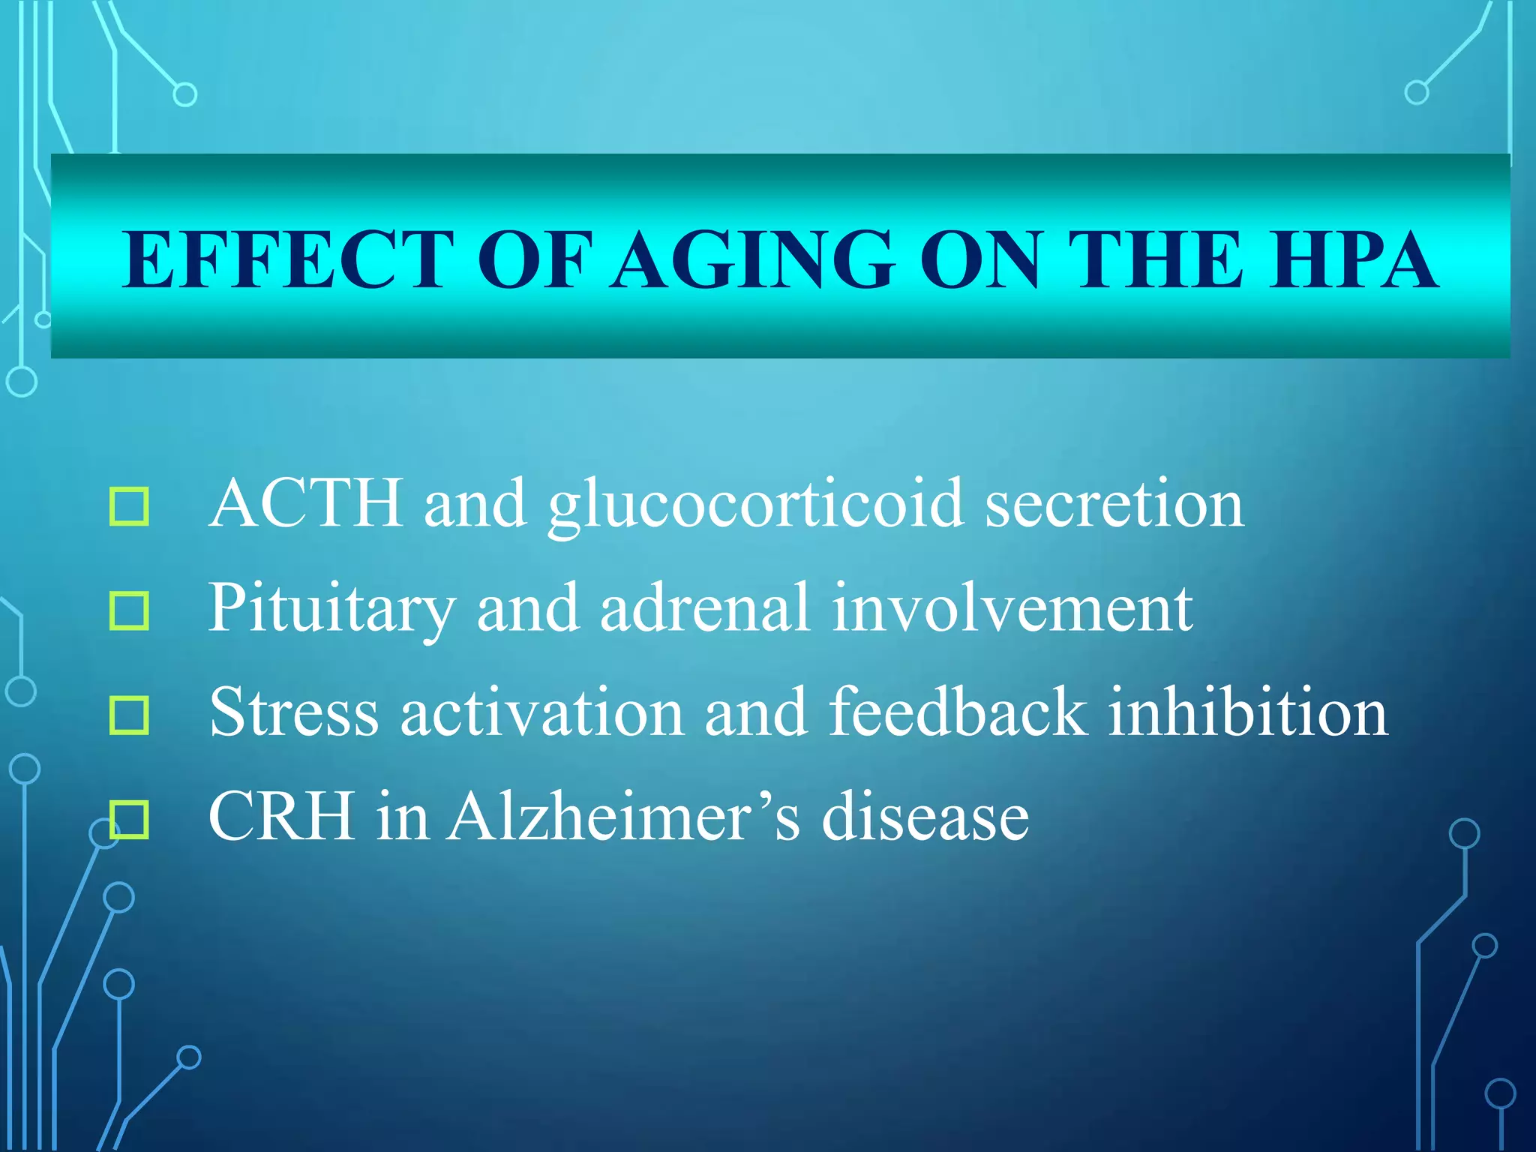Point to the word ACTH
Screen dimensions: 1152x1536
306,503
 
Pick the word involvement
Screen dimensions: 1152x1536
1012,609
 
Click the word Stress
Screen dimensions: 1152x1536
294,712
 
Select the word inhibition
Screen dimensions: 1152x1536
1248,712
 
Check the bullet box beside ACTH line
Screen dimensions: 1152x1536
129,506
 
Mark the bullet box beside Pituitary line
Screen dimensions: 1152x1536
129,610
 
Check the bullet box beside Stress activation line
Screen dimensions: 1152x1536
129,715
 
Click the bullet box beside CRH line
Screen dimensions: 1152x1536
129,819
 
